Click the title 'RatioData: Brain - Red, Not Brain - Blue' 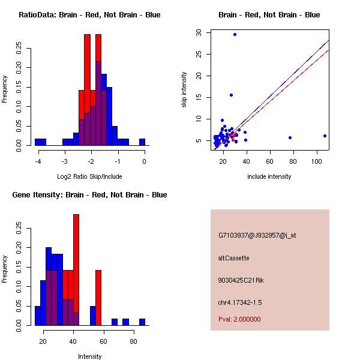pyautogui.click(x=89, y=15)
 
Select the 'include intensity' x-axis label pyautogui.click(x=269, y=176)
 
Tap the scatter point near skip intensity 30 pyautogui.click(x=235, y=34)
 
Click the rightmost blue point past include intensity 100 pyautogui.click(x=325, y=136)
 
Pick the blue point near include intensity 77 pyautogui.click(x=290, y=137)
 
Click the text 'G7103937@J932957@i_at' pyautogui.click(x=257, y=235)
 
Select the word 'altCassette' pyautogui.click(x=233, y=258)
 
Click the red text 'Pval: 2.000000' pyautogui.click(x=239, y=319)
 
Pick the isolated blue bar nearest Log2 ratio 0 pyautogui.click(x=142, y=142)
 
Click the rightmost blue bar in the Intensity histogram pyautogui.click(x=142, y=322)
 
